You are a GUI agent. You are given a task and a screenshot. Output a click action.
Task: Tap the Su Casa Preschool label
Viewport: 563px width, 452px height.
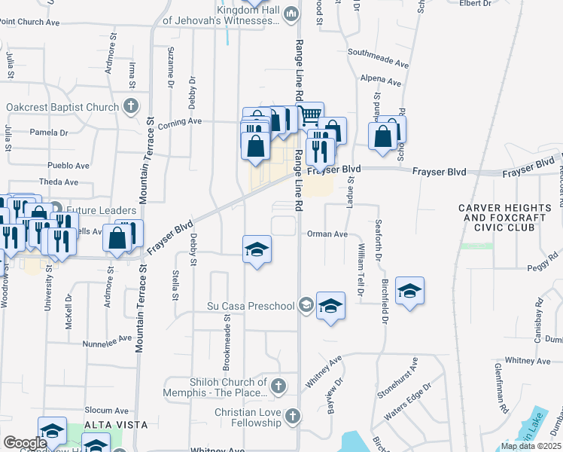251,306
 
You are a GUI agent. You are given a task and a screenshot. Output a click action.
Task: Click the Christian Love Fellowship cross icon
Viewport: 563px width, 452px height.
292,416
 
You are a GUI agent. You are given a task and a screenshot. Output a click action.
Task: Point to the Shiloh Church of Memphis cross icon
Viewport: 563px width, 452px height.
278,387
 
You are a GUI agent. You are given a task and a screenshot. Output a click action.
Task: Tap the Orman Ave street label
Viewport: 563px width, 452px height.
327,234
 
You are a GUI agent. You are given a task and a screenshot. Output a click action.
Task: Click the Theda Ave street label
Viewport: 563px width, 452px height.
59,182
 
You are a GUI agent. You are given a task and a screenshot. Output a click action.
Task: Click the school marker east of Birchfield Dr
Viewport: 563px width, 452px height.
409,291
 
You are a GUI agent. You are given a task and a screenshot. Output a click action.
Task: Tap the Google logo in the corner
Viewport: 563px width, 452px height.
25,443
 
